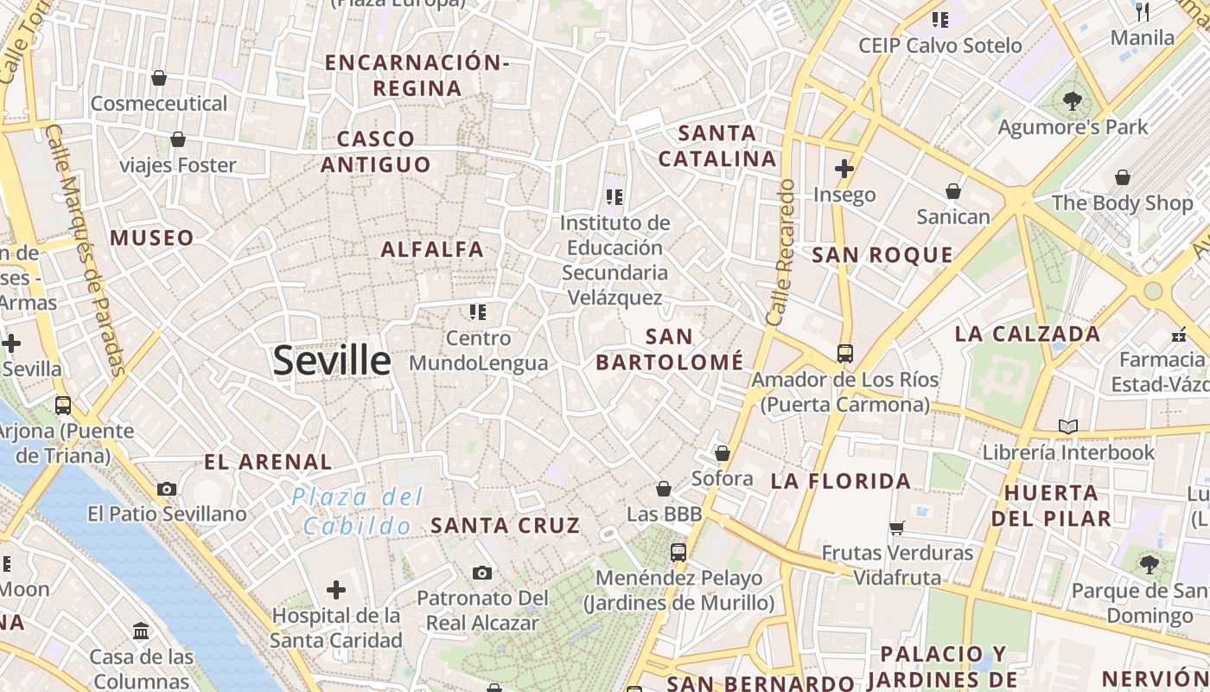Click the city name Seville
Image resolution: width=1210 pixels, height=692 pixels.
[332, 361]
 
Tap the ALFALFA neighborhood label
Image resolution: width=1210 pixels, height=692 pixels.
[432, 250]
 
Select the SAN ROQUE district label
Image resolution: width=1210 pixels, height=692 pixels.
[882, 255]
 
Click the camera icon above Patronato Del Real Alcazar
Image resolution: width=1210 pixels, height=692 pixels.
[482, 573]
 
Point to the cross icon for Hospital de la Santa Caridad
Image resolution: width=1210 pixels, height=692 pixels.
[336, 591]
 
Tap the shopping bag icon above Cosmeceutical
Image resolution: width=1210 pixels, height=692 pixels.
[159, 79]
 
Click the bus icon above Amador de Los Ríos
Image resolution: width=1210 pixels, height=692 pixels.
[844, 354]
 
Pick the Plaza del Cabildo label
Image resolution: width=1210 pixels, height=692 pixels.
[358, 511]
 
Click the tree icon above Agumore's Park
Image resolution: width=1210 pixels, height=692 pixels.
[1072, 101]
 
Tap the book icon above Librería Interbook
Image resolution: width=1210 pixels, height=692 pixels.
[1068, 426]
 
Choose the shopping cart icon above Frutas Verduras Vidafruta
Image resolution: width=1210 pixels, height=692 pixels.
[897, 528]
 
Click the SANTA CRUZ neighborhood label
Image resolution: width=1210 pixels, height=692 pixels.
[505, 525]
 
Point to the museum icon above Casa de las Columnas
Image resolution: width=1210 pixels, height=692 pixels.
[142, 631]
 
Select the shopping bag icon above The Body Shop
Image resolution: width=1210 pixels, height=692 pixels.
[1122, 178]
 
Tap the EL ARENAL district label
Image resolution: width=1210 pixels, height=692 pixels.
[268, 462]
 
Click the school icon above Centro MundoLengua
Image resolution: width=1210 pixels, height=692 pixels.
[478, 312]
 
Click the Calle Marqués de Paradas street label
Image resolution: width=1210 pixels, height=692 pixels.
[86, 250]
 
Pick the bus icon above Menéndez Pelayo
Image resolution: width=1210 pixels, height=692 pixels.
[678, 552]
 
